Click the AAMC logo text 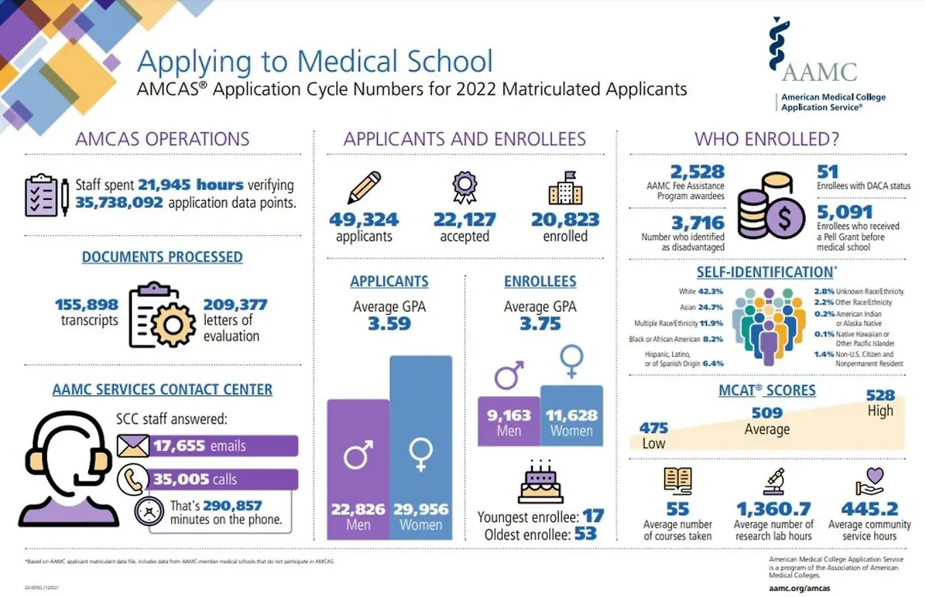[x=819, y=72]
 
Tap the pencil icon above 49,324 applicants [x=363, y=187]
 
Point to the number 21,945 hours [x=190, y=184]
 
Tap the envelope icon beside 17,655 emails [x=133, y=446]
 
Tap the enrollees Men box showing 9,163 [x=509, y=421]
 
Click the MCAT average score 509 [x=767, y=413]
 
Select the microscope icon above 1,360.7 [x=773, y=481]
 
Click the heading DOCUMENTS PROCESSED [x=162, y=257]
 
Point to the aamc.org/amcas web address [x=799, y=588]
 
